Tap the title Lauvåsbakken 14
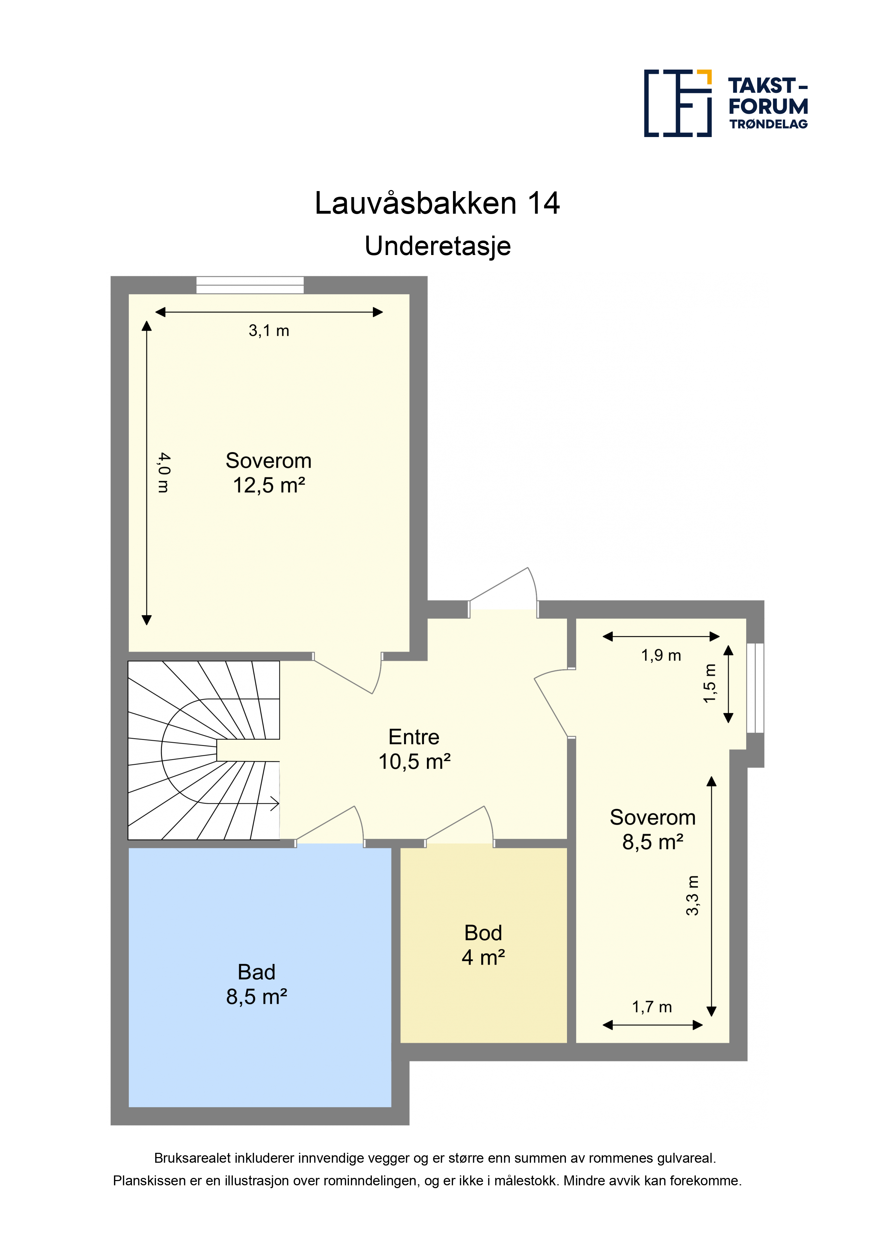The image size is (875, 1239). pos(437,203)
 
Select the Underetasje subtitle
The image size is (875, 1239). pos(437,247)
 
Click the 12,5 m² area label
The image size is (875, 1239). pos(269,485)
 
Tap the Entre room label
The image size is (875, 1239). pos(414,737)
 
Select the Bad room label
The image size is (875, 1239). pos(257,972)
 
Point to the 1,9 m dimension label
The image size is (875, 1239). pos(661,655)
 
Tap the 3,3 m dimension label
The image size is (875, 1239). pos(692,896)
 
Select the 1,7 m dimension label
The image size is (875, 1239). pos(652,1007)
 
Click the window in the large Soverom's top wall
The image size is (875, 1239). pos(249,285)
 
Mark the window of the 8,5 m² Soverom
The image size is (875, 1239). pos(755,688)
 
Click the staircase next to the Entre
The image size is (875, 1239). pos(204,751)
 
